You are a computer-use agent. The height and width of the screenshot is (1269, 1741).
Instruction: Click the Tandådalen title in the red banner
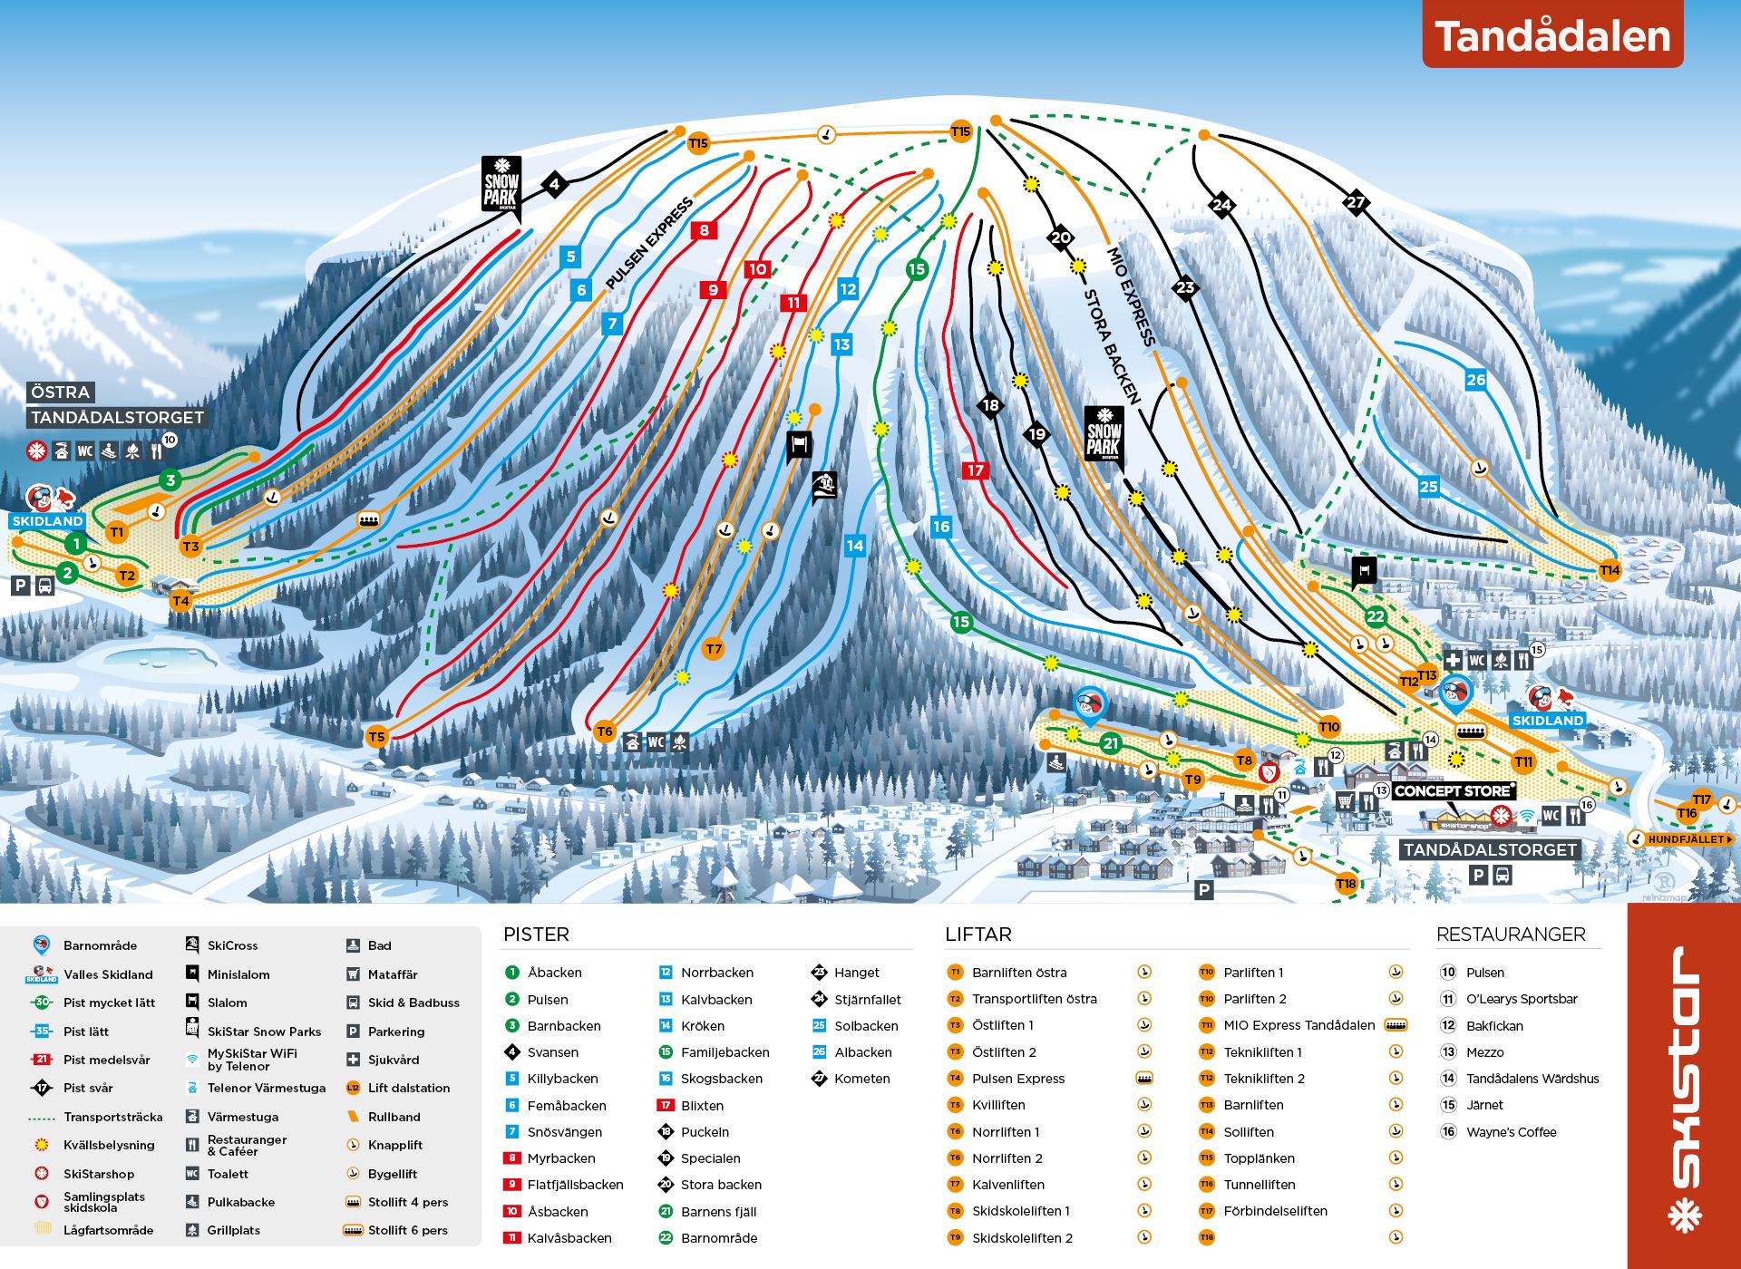tap(1552, 36)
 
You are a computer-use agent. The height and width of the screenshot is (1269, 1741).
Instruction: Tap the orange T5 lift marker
tap(376, 737)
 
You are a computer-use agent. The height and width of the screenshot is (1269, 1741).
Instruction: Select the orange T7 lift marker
tap(714, 649)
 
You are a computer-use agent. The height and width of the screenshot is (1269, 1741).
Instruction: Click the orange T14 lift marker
tap(1610, 570)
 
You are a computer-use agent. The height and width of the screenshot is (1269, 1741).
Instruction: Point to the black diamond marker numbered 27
tap(1356, 202)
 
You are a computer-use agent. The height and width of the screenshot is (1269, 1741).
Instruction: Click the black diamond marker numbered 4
tap(554, 185)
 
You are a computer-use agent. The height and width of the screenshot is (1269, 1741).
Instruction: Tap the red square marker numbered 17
tap(975, 470)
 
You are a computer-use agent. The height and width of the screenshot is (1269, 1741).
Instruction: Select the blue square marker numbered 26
tap(1476, 380)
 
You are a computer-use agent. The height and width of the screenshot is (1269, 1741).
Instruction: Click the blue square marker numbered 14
tap(854, 546)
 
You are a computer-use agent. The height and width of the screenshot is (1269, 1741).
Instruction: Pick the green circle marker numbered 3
tap(170, 480)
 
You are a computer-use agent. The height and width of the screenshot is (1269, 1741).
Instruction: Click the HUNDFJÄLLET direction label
tap(1685, 839)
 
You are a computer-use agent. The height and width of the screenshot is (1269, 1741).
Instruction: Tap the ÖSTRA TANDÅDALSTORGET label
tap(115, 405)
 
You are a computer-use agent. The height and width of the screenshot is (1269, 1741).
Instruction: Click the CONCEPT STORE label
tap(1454, 791)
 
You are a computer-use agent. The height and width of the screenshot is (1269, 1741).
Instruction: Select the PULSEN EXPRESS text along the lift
tap(648, 243)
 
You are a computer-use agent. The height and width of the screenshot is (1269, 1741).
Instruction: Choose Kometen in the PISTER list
tap(861, 1079)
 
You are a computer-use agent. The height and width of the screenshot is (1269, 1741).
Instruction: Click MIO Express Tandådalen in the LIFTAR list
tap(1298, 1025)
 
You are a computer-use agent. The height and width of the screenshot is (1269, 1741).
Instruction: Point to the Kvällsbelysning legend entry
tap(109, 1145)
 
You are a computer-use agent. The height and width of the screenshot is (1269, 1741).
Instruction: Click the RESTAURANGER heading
tap(1511, 935)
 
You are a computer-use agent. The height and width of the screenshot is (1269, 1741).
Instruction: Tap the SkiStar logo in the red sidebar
tap(1685, 1088)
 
